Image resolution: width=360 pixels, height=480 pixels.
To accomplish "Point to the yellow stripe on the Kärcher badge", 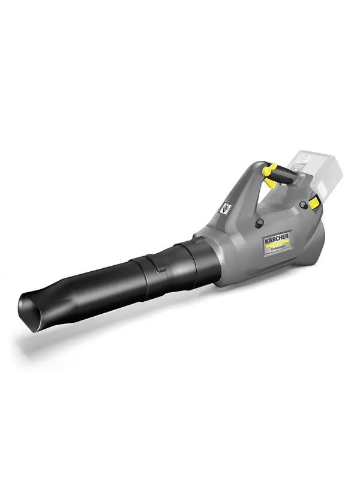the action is [276, 244].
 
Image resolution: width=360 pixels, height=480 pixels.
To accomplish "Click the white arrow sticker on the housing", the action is [226, 209].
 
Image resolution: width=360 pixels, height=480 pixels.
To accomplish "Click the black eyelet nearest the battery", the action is [304, 205].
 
